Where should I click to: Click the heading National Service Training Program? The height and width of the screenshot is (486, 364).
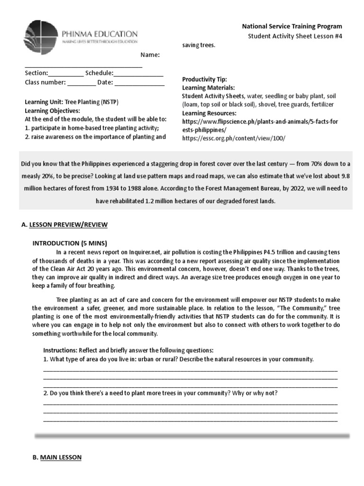[x=292, y=27]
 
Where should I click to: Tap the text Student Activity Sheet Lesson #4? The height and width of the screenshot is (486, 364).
[x=294, y=37]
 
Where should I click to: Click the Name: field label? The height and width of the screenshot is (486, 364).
[x=150, y=55]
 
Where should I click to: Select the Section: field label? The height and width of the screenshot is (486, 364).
[x=36, y=73]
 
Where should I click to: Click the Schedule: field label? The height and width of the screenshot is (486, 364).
[x=99, y=73]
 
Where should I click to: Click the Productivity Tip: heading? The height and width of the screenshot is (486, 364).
[x=204, y=79]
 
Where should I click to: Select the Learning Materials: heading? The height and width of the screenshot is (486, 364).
[x=208, y=88]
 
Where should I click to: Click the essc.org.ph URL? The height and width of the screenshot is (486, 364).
[x=234, y=138]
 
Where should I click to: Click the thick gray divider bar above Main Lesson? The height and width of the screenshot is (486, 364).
[x=191, y=435]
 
